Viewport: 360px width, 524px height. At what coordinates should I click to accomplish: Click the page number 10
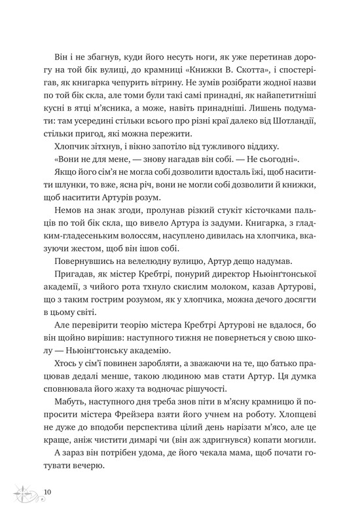pyautogui.click(x=48, y=490)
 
